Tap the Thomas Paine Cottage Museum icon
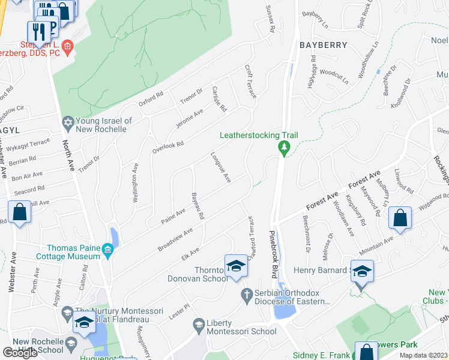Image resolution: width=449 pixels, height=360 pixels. tap(108, 250)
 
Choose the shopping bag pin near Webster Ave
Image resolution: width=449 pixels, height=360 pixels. tap(20, 213)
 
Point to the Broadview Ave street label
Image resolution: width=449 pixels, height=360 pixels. tap(175, 239)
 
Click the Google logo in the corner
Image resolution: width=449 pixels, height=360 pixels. tap(20, 352)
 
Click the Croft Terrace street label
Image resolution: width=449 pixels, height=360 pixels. tap(250, 82)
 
